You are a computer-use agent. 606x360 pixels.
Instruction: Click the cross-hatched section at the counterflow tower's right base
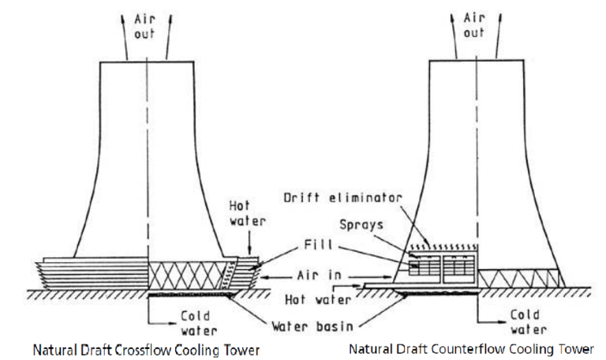521,278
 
